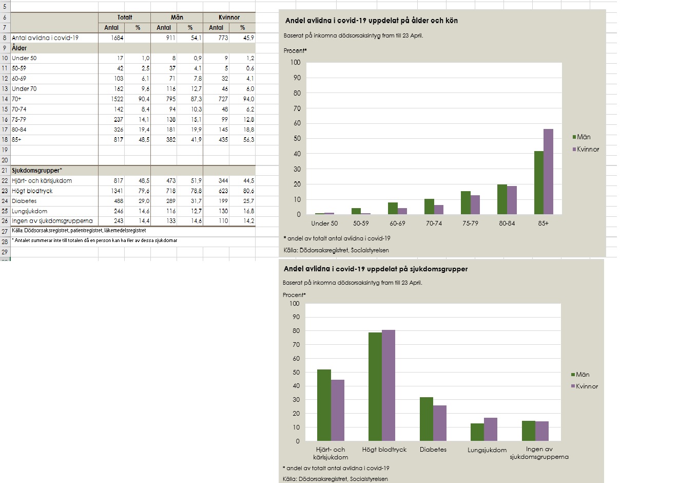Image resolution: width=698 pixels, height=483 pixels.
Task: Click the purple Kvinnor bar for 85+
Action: pyautogui.click(x=548, y=172)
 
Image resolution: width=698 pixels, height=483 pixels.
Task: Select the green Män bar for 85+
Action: pyautogui.click(x=538, y=182)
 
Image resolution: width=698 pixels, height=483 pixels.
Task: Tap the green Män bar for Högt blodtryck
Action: pyautogui.click(x=375, y=386)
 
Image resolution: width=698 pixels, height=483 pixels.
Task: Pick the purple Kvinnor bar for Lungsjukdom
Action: pyautogui.click(x=491, y=429)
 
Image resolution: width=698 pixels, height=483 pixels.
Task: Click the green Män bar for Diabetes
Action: pyautogui.click(x=426, y=419)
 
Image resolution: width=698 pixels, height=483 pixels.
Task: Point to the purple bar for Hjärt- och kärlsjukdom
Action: pyautogui.click(x=337, y=410)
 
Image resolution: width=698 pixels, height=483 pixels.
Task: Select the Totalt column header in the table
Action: pyautogui.click(x=124, y=17)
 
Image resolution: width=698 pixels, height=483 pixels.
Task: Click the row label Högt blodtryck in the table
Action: pyautogui.click(x=32, y=191)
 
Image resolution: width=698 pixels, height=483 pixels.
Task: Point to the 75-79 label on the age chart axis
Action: pyautogui.click(x=470, y=224)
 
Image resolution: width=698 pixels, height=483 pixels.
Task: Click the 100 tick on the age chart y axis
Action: pyautogui.click(x=295, y=62)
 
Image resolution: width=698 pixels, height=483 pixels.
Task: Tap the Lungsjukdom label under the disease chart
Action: pyautogui.click(x=487, y=450)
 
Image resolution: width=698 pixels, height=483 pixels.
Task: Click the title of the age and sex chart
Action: pyautogui.click(x=371, y=21)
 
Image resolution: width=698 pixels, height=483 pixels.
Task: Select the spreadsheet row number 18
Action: pyautogui.click(x=5, y=139)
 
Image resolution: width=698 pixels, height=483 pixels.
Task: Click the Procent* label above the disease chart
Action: pyautogui.click(x=294, y=295)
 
